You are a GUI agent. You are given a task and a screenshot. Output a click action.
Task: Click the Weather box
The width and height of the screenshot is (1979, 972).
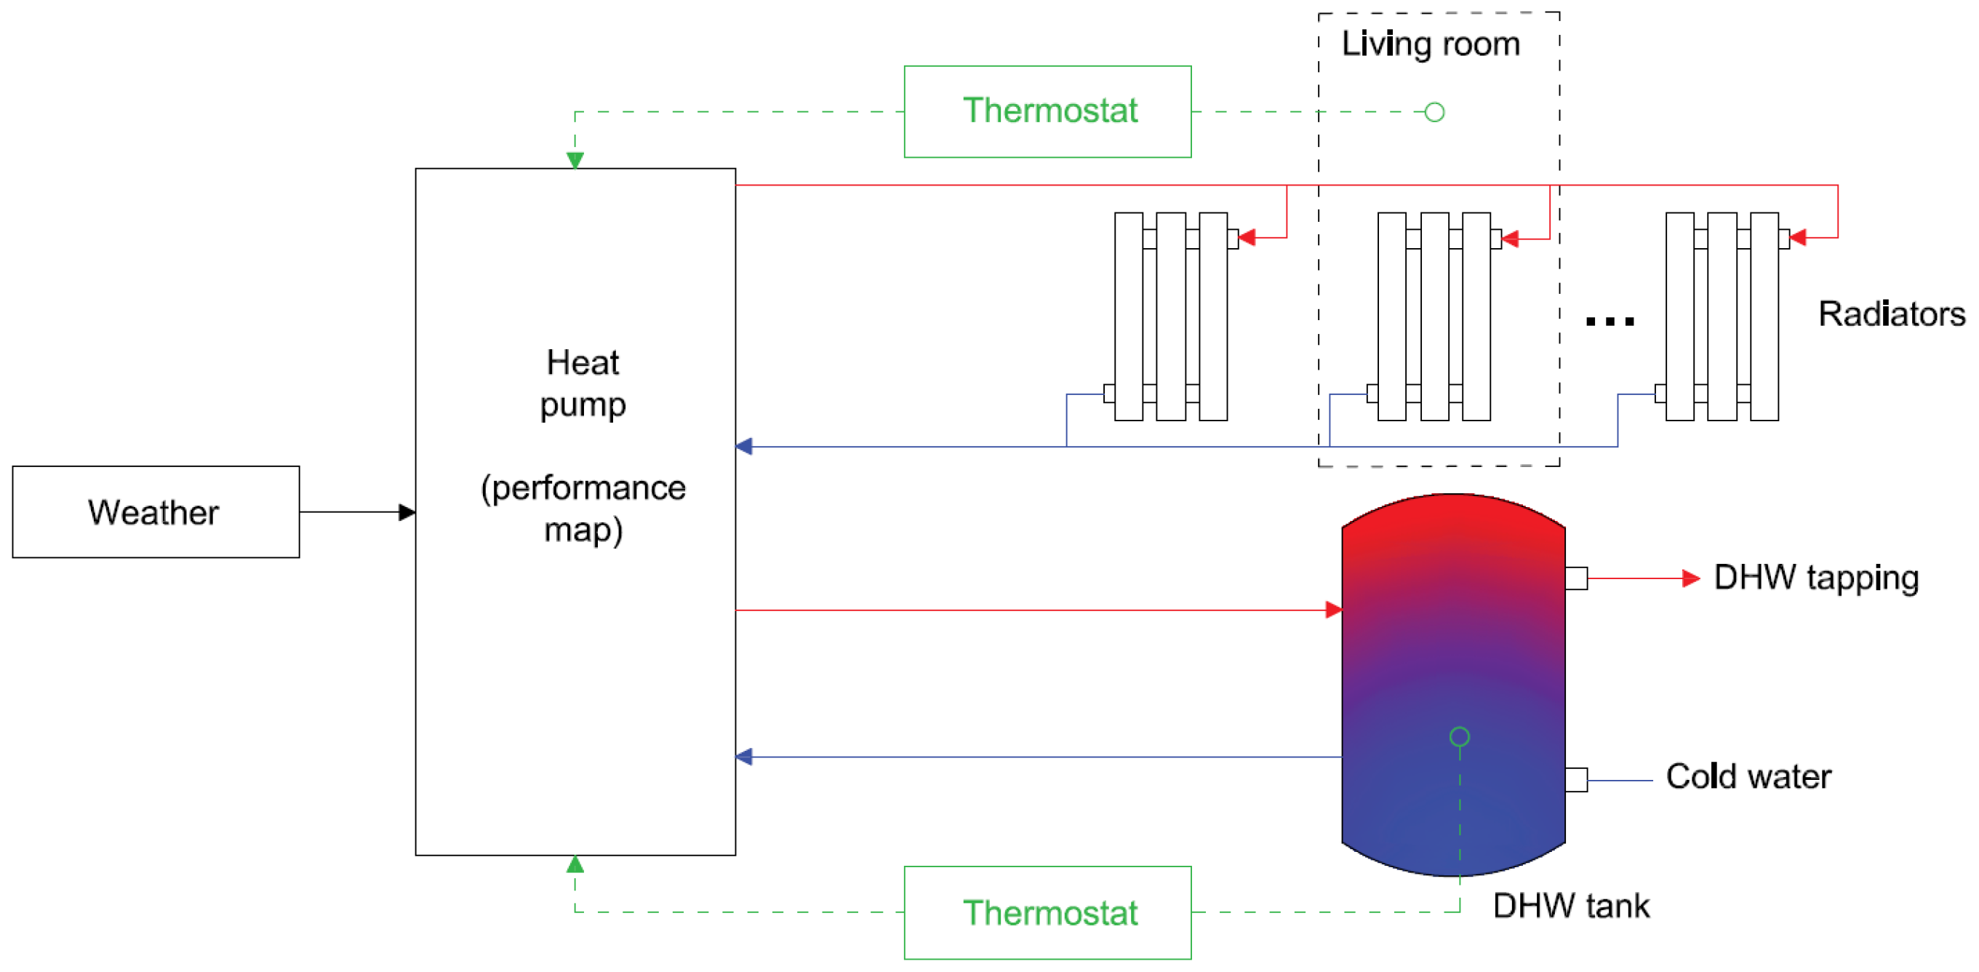pyautogui.click(x=156, y=511)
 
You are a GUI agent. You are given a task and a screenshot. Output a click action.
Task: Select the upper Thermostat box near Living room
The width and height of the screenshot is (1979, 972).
pyautogui.click(x=1047, y=111)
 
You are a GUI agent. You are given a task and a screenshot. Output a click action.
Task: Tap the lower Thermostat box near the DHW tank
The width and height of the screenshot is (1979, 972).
pyautogui.click(x=1047, y=913)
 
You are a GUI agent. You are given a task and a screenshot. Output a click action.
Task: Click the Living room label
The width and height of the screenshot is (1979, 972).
pyautogui.click(x=1431, y=44)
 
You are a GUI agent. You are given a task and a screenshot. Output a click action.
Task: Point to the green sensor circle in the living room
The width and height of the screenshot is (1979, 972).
pyautogui.click(x=1434, y=112)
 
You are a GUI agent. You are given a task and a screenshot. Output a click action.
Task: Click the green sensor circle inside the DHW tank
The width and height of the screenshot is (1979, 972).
pyautogui.click(x=1460, y=737)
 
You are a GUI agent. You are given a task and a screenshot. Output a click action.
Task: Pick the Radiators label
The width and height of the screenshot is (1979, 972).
pyautogui.click(x=1892, y=314)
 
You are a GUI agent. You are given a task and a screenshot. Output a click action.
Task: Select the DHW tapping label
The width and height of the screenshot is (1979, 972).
pyautogui.click(x=1816, y=578)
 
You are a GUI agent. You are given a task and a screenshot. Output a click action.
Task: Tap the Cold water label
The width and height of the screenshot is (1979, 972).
pyautogui.click(x=1748, y=777)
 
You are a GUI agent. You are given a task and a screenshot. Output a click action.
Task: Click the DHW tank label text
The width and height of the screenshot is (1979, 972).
pyautogui.click(x=1570, y=906)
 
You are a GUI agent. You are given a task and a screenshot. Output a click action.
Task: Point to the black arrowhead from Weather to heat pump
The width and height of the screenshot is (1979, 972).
pyautogui.click(x=407, y=512)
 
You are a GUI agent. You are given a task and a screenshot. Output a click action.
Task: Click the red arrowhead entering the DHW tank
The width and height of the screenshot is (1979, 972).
pyautogui.click(x=1334, y=610)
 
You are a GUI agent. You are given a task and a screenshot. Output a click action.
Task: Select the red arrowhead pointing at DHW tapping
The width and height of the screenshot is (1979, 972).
pyautogui.click(x=1690, y=578)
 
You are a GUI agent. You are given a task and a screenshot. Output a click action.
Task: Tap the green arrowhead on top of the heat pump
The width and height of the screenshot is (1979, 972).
pyautogui.click(x=575, y=160)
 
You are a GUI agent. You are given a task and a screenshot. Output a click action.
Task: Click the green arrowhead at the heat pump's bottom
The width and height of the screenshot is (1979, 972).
pyautogui.click(x=575, y=864)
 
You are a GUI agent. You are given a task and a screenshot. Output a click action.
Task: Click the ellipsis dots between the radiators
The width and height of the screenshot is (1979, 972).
pyautogui.click(x=1610, y=321)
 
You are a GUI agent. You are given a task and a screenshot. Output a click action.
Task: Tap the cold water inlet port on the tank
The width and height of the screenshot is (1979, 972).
pyautogui.click(x=1577, y=780)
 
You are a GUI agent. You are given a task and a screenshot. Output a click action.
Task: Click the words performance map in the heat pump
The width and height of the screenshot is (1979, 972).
pyautogui.click(x=583, y=509)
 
